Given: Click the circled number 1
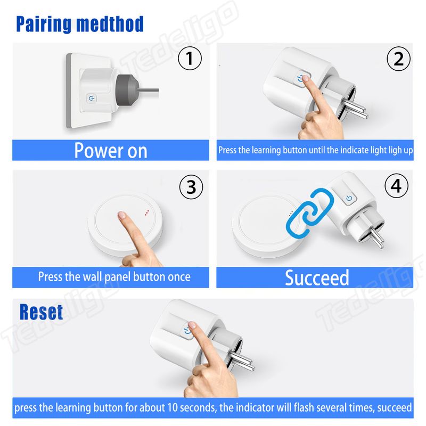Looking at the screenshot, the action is (x=190, y=58).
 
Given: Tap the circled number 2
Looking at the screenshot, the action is (x=398, y=59).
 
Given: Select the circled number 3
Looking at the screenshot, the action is (x=191, y=187).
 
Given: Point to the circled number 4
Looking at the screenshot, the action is (x=396, y=186).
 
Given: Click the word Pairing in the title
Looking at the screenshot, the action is (x=43, y=24).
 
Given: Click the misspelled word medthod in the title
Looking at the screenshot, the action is (x=110, y=24).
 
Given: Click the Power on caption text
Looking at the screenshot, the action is (x=111, y=150).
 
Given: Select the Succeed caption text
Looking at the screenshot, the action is (x=317, y=277).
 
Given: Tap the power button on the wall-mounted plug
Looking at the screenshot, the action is (x=91, y=98).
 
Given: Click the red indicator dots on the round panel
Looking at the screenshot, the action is (x=147, y=212).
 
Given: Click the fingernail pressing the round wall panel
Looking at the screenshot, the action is (x=122, y=215).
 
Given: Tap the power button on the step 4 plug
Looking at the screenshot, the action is (x=349, y=198).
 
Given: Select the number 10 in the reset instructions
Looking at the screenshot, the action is (x=172, y=407).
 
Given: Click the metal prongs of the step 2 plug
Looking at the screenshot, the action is (x=355, y=109).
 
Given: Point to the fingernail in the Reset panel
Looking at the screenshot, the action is (x=192, y=325).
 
